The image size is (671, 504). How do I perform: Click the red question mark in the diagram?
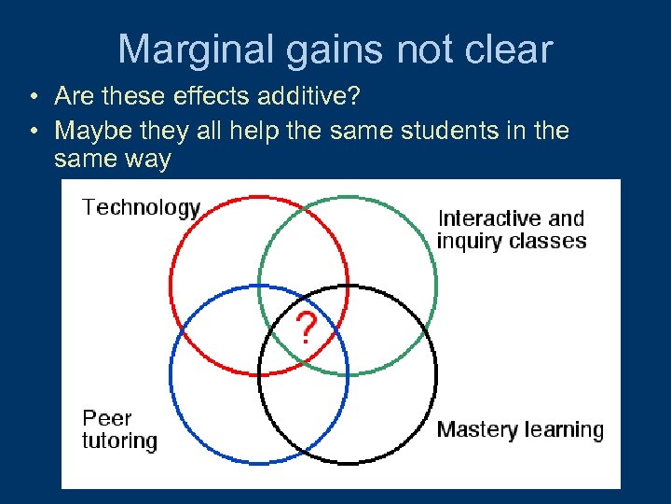tap(307, 329)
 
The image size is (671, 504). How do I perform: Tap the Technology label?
tap(141, 207)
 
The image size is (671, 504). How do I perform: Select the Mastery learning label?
tap(520, 430)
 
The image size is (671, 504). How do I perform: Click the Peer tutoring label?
tap(119, 429)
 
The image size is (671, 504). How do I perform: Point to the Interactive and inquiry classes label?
tap(512, 230)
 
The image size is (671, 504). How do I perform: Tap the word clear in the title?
tap(508, 49)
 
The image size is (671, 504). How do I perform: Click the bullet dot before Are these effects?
tap(33, 97)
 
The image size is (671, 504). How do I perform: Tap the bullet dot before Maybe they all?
tap(33, 131)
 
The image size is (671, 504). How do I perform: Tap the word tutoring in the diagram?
tap(119, 441)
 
